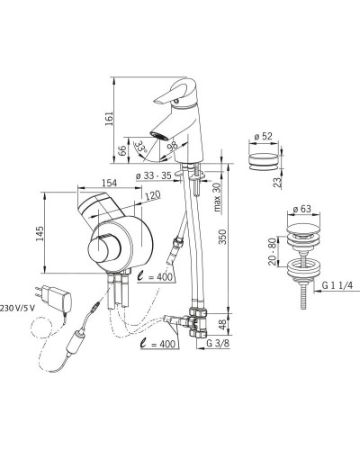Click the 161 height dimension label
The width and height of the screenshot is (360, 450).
110,119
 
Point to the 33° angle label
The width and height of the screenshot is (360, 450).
140,147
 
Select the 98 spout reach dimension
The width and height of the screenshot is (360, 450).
173,145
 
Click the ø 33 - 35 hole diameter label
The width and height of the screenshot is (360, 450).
153,175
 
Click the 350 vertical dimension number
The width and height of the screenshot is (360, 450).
222,237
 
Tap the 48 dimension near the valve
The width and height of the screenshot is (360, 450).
222,324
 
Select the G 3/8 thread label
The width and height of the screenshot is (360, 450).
218,344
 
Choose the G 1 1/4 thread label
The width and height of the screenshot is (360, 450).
337,285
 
